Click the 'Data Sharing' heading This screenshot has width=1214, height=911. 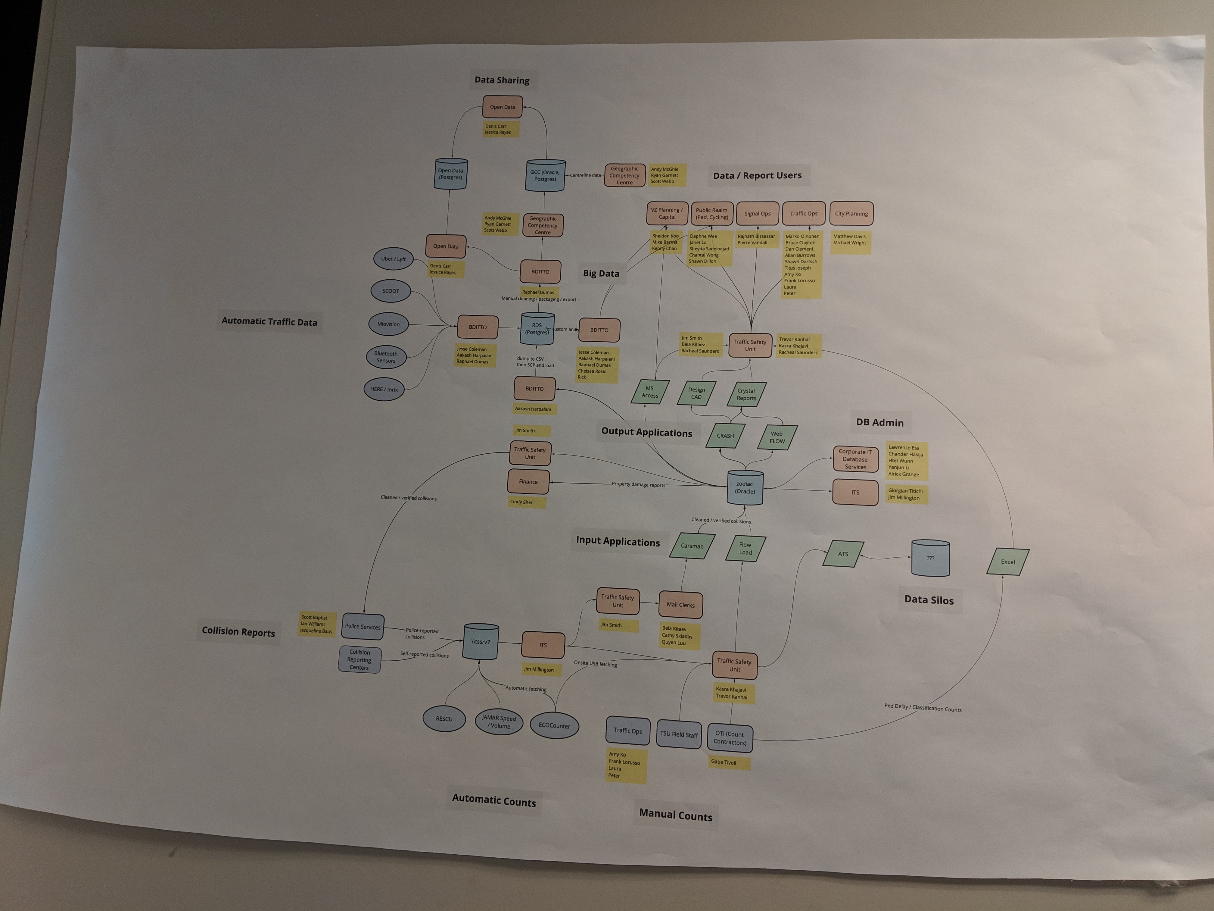[x=502, y=80]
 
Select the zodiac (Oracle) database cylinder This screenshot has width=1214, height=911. [x=745, y=488]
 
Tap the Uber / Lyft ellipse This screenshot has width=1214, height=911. [x=393, y=259]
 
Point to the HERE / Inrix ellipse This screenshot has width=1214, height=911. [x=384, y=389]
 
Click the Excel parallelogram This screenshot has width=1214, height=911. [x=1008, y=562]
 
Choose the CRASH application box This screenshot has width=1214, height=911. [x=725, y=436]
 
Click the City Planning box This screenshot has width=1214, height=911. [x=851, y=214]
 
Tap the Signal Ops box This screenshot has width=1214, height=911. [x=757, y=214]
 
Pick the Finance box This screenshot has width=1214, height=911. [x=528, y=482]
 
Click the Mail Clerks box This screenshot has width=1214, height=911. [x=680, y=605]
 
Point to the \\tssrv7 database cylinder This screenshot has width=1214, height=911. [x=481, y=641]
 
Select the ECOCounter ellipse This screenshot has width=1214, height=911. [x=554, y=725]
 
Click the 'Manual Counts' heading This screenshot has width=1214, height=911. [x=676, y=816]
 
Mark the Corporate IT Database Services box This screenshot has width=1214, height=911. [x=855, y=459]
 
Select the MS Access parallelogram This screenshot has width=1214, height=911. [x=650, y=392]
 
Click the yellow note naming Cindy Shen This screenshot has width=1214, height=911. [x=522, y=502]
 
